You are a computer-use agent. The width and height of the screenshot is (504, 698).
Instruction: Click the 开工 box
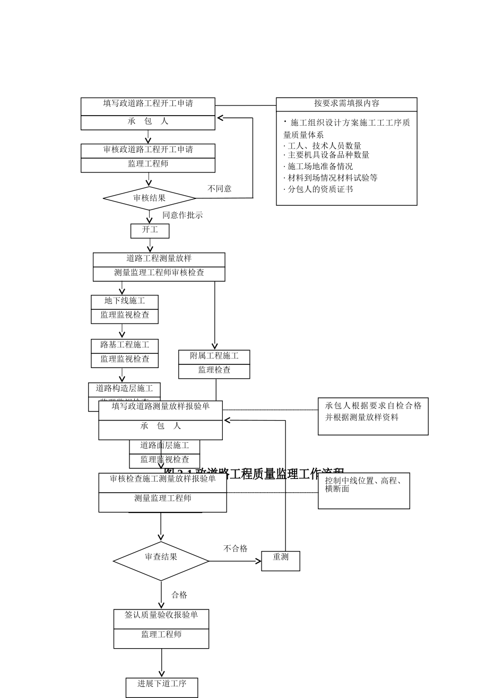(x=150, y=231)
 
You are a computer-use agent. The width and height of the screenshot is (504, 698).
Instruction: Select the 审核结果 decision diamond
(x=150, y=198)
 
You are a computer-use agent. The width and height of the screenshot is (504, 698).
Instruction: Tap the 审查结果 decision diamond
(x=161, y=561)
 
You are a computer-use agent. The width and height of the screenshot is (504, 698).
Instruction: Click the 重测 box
(x=281, y=561)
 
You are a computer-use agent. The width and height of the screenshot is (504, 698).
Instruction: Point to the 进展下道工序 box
(x=162, y=687)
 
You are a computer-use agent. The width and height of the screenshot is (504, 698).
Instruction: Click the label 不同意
(x=219, y=189)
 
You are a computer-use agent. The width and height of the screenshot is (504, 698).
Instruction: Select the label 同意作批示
(x=183, y=215)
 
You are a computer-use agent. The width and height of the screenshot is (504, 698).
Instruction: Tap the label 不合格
(x=235, y=549)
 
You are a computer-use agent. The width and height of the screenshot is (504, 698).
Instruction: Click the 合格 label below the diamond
(x=179, y=595)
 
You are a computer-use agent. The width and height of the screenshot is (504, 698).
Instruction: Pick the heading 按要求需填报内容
(x=346, y=104)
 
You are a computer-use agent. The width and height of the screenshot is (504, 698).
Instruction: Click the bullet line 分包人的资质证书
(x=320, y=189)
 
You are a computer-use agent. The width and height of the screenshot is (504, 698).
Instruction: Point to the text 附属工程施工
(x=214, y=356)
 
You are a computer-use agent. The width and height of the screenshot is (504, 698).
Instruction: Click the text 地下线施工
(x=125, y=301)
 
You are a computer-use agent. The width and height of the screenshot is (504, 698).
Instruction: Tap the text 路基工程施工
(x=125, y=345)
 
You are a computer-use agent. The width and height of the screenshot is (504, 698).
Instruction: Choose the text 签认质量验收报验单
(x=161, y=615)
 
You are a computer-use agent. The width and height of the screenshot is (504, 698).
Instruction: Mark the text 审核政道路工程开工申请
(x=148, y=150)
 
